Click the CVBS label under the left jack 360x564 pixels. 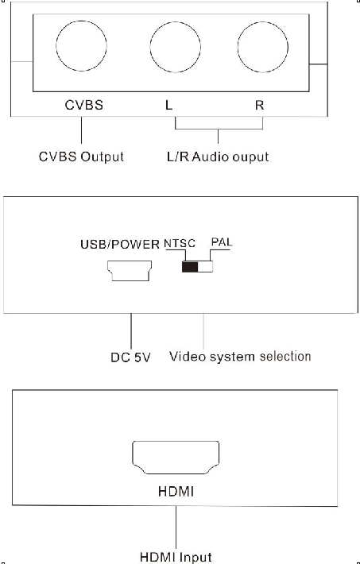(x=84, y=105)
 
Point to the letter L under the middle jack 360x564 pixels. (x=168, y=105)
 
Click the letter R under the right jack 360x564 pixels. (x=260, y=105)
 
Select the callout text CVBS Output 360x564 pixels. (x=81, y=156)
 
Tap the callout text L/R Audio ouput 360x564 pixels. (x=218, y=156)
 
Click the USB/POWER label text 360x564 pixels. (x=120, y=245)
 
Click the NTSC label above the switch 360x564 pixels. (x=180, y=244)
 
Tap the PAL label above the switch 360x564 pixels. (x=222, y=242)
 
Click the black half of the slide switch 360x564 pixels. (x=190, y=267)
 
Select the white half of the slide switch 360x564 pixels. (x=206, y=267)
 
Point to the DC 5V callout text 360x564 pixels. (x=130, y=357)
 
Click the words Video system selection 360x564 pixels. (x=240, y=357)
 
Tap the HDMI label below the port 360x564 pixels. (x=176, y=492)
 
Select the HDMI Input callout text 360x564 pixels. (x=176, y=557)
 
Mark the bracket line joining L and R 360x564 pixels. (x=219, y=129)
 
